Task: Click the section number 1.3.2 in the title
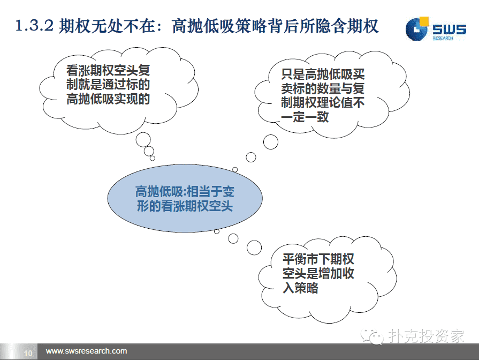pos(34,26)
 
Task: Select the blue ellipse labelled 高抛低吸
pos(185,198)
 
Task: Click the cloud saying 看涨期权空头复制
pos(118,90)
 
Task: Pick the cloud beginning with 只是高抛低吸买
pos(332,95)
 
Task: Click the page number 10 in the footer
pos(28,353)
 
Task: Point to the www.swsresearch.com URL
pos(87,351)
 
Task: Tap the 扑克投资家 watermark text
pos(427,336)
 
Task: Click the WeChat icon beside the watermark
pos(372,336)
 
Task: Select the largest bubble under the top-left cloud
pos(143,140)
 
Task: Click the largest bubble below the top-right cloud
pos(271,142)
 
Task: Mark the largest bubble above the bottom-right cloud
pos(254,247)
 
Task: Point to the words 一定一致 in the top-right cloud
pos(305,117)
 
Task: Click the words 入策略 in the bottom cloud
pos(300,288)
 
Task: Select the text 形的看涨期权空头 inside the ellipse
pos(185,206)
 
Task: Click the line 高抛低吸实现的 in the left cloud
pos(108,99)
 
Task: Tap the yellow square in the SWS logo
pos(424,22)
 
